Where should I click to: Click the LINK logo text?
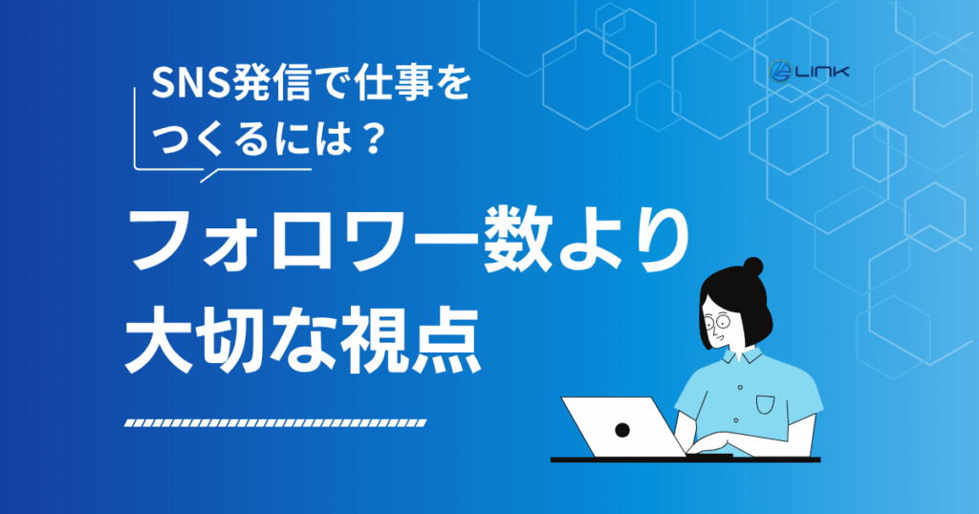(x=821, y=73)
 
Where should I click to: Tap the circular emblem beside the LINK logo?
(x=780, y=72)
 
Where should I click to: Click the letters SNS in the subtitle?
(x=190, y=83)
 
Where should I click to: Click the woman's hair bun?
(x=753, y=267)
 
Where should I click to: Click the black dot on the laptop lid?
(x=621, y=429)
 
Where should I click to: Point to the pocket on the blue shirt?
(x=765, y=405)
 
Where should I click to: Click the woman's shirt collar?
(x=743, y=355)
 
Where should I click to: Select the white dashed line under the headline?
(x=275, y=423)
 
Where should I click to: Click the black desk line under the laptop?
(x=685, y=460)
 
